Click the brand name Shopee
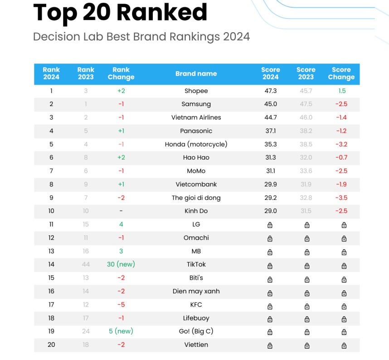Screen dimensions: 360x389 (x=196, y=91)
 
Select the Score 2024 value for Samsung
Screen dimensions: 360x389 (x=270, y=104)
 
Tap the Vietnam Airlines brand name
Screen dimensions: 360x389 (x=196, y=117)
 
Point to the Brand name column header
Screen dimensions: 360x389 (x=196, y=73)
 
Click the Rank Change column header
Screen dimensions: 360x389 (x=121, y=73)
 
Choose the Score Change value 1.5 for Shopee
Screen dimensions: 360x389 (x=342, y=91)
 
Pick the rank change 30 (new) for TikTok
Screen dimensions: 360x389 (x=121, y=264)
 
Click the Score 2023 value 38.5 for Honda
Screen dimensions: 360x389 (x=306, y=144)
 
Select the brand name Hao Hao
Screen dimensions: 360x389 (x=196, y=158)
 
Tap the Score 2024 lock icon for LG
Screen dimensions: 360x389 (x=270, y=225)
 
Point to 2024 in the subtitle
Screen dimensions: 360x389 (x=236, y=36)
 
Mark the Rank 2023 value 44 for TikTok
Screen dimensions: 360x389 (x=86, y=264)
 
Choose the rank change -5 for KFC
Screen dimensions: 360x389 (x=121, y=305)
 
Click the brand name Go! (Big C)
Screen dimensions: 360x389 (x=196, y=331)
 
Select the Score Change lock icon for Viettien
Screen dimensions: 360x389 (x=344, y=345)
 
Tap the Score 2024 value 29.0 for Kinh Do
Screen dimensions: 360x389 (x=270, y=211)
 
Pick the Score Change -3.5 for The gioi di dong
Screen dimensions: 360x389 (x=341, y=198)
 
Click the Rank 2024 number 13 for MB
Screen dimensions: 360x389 (x=51, y=251)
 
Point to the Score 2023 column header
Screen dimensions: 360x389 (x=306, y=73)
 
